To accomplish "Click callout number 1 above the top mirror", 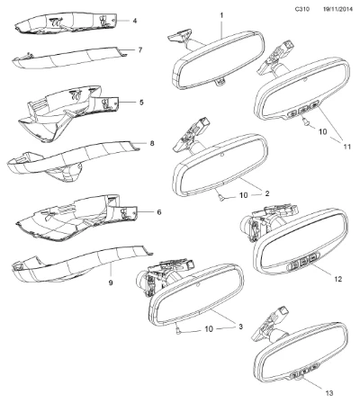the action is click(x=221, y=15).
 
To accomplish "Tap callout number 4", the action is click(x=135, y=21).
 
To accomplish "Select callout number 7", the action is click(x=140, y=49).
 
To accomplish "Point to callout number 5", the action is click(x=141, y=103).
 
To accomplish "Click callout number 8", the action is click(x=152, y=143).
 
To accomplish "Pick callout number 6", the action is click(x=159, y=212).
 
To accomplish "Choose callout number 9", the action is click(x=111, y=282).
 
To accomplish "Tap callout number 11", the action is click(x=347, y=147).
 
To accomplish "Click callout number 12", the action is click(x=338, y=279).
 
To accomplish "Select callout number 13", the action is click(x=329, y=393).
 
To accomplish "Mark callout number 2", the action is click(x=266, y=193).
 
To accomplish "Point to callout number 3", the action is click(x=240, y=327).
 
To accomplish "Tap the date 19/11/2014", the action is click(x=337, y=9).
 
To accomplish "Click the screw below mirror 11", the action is click(x=305, y=121).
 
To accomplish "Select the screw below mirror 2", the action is click(x=221, y=197).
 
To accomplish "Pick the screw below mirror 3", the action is click(x=178, y=331).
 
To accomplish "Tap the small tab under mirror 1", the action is click(x=221, y=82).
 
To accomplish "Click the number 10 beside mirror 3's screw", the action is click(x=209, y=329).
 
